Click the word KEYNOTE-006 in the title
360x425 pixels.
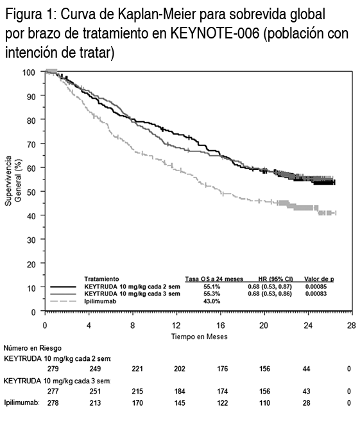click(215, 33)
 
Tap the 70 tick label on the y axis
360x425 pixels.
click(31, 144)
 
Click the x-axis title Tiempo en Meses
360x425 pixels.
click(199, 337)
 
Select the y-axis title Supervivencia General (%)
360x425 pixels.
click(13, 181)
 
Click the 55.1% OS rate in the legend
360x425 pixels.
click(212, 287)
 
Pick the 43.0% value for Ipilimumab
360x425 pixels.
click(212, 301)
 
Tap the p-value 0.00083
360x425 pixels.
click(316, 294)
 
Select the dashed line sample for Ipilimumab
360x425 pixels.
click(64, 301)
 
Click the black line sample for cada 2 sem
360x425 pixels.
click(64, 287)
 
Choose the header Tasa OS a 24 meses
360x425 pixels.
click(214, 279)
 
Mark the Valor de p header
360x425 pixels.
click(319, 279)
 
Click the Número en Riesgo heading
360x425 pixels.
click(32, 348)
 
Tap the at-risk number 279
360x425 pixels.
click(53, 369)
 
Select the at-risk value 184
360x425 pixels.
click(180, 392)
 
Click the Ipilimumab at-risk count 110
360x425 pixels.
click(264, 403)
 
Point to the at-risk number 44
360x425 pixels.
click(306, 369)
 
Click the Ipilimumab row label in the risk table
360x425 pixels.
click(21, 403)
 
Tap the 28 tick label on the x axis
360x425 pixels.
click(351, 325)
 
